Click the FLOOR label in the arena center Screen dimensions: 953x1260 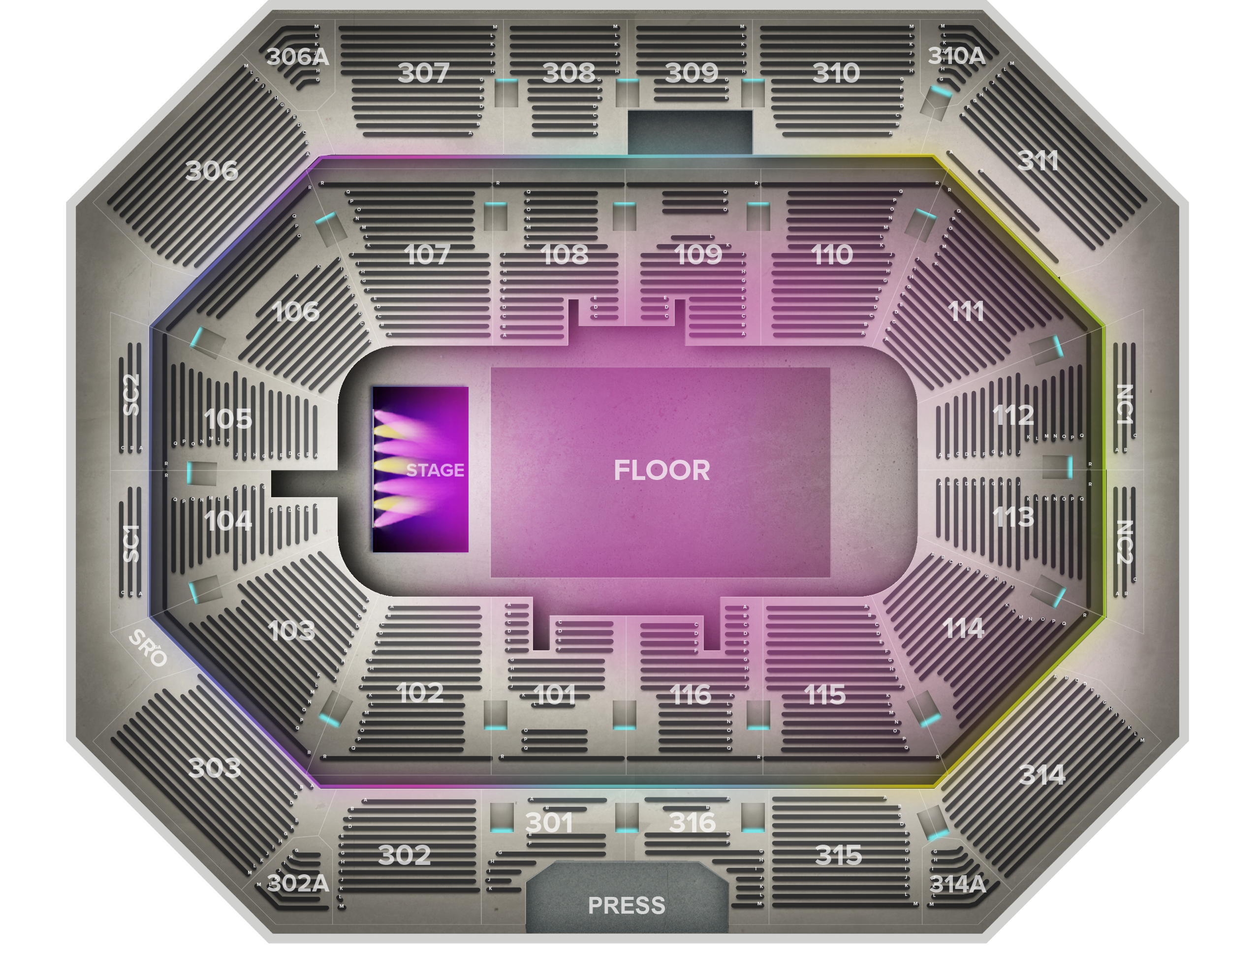point(661,471)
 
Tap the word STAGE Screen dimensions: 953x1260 point(435,471)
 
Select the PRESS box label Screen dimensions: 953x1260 point(626,905)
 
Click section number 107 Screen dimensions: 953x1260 point(427,254)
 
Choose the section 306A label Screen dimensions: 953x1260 point(297,57)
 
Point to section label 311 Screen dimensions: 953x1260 point(1038,161)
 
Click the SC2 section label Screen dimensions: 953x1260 point(131,394)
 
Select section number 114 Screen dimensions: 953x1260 point(963,628)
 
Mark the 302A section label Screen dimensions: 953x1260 point(298,884)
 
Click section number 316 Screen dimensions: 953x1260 point(692,823)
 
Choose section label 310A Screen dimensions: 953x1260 point(956,56)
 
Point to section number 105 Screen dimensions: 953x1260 point(228,419)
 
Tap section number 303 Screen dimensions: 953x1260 point(215,768)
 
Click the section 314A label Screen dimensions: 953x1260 point(957,884)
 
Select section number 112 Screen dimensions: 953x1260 point(1013,415)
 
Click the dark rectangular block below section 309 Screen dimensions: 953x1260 point(690,131)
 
